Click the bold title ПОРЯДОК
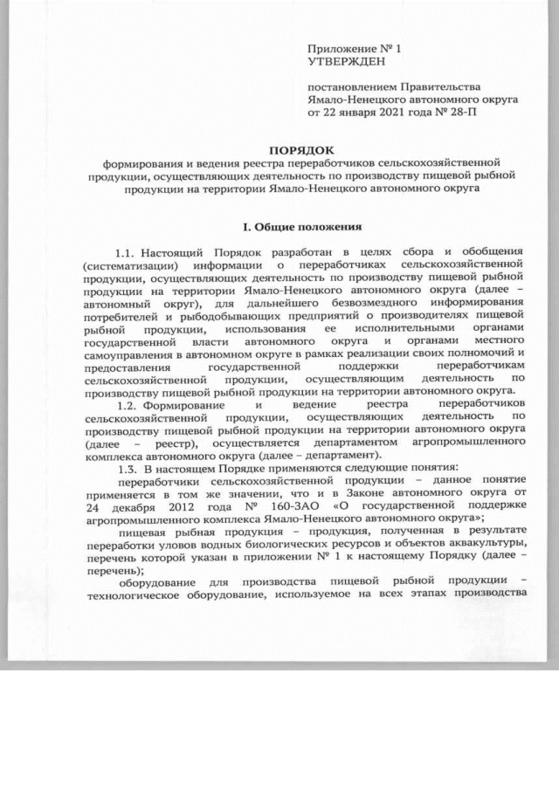[x=301, y=150]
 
